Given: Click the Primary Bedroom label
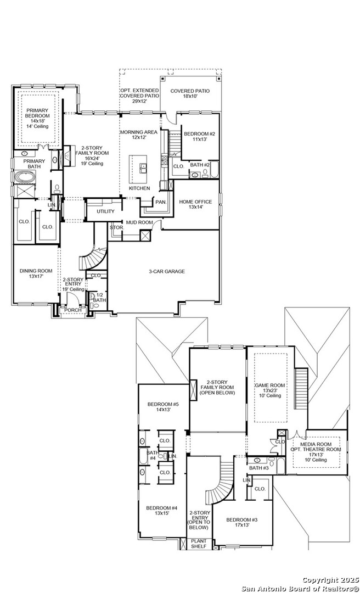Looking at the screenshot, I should coord(37,116).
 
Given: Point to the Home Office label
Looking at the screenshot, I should coord(195,204).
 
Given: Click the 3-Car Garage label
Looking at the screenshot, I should coord(167,271).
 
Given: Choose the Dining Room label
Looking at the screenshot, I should coord(36,273).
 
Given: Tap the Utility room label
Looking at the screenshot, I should coord(105,211).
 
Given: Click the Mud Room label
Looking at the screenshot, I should coord(139,222).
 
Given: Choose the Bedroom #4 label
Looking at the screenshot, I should coord(161,511).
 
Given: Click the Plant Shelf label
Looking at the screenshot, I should coord(198,544).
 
